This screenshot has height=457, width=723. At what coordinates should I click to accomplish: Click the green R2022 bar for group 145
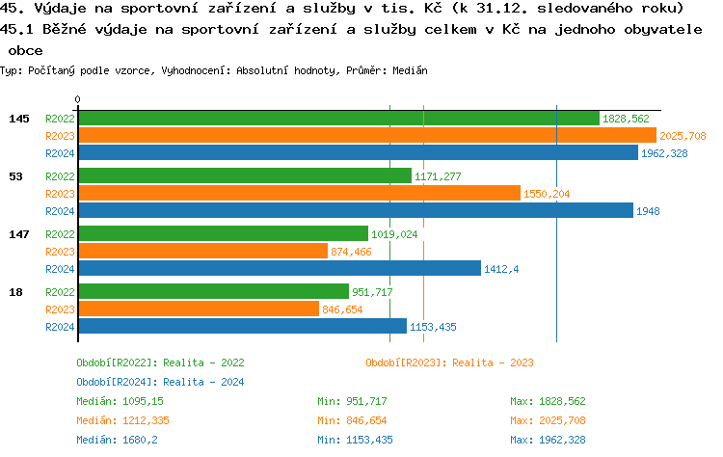(x=337, y=119)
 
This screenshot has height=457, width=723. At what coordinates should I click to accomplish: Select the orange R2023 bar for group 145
(x=366, y=136)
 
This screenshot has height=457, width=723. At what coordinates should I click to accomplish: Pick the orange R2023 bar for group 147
(x=202, y=251)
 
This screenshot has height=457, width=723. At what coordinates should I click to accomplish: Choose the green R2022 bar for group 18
(x=213, y=291)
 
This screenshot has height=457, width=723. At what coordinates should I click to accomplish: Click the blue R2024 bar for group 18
(x=242, y=326)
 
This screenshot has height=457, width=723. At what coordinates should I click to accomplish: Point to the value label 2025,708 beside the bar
(x=683, y=136)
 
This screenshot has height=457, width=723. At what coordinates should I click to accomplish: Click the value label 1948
(x=648, y=210)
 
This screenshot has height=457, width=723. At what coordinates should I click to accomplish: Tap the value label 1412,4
(x=501, y=269)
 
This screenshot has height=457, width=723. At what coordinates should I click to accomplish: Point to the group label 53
(x=15, y=176)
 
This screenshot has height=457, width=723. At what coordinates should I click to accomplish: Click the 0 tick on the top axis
(x=78, y=99)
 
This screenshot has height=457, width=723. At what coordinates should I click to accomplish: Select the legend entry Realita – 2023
(x=449, y=363)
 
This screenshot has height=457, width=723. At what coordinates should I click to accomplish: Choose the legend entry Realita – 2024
(x=160, y=382)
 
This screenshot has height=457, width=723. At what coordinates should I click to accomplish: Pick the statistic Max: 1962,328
(x=548, y=440)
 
